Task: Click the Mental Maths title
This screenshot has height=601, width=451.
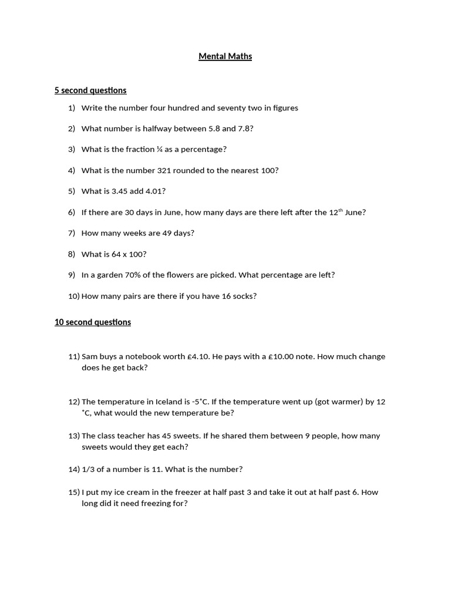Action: [225, 57]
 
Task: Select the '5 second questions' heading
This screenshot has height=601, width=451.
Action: [90, 90]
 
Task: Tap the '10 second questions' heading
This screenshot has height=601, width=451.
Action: [93, 322]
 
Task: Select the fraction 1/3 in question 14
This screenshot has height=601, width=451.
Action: [89, 470]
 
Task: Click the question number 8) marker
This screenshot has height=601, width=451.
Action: [72, 254]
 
